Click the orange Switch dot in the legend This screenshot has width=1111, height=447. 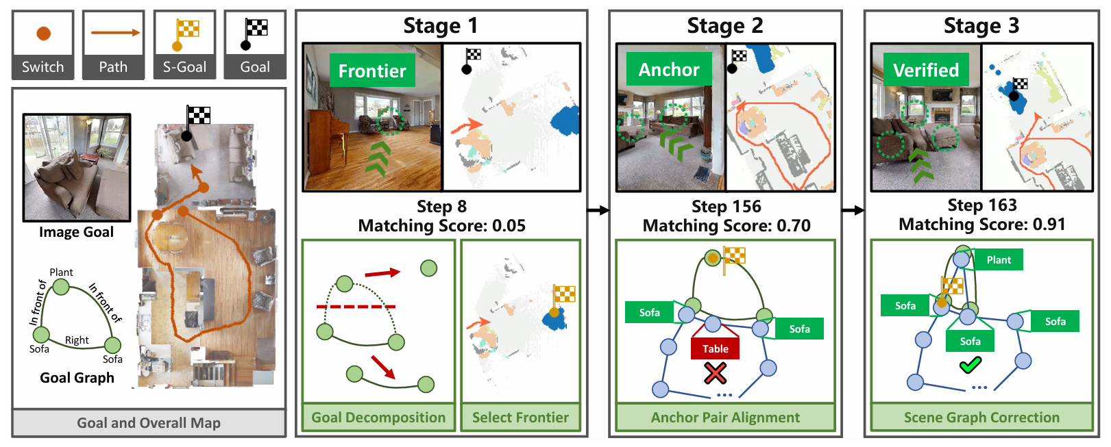coord(43,33)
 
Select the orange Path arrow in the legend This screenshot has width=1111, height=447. coord(115,32)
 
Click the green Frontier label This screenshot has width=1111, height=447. coord(372,71)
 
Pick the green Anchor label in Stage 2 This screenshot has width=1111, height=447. coord(668,70)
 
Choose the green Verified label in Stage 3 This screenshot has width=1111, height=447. coord(925,71)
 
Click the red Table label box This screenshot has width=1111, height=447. coord(715,348)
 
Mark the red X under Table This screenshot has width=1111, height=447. coord(715,373)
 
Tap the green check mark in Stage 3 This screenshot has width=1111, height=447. coord(970,366)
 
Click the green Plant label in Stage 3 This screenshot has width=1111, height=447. coord(999,260)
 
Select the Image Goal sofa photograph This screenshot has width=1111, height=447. coord(76,168)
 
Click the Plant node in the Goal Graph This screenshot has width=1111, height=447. coord(61,288)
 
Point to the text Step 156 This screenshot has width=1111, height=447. coord(726,207)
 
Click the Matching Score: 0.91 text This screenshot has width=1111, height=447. coord(981,225)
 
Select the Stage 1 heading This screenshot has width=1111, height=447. coord(441,26)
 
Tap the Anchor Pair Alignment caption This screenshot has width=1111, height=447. coord(725,418)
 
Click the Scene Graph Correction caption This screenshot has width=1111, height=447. coord(981,418)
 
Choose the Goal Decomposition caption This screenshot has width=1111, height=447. coord(378,418)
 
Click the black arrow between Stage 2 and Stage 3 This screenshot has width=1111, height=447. coord(853,210)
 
